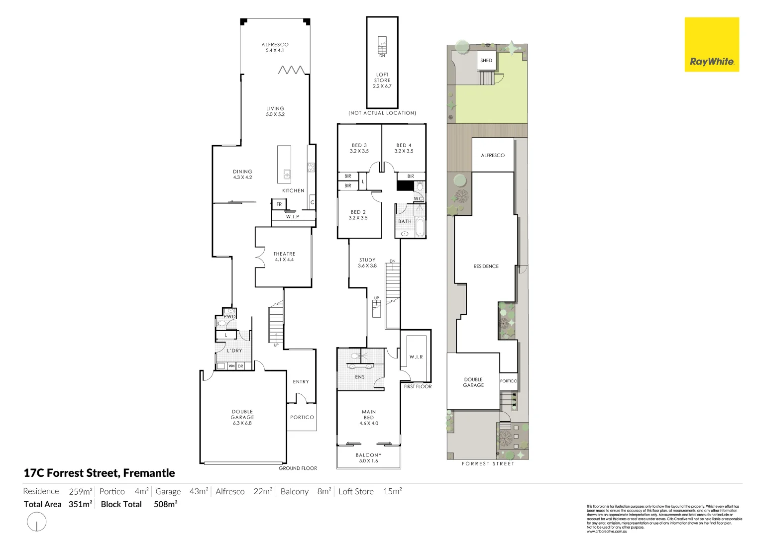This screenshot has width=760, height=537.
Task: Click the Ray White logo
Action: pos(711,45)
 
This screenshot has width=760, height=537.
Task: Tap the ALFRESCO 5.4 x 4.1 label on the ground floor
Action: pos(275,47)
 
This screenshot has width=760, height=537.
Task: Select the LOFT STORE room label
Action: pos(382,80)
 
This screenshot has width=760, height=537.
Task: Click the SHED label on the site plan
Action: pos(486,61)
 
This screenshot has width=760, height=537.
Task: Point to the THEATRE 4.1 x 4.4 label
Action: pos(284,257)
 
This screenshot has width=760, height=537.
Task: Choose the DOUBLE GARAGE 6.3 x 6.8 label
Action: pos(242,417)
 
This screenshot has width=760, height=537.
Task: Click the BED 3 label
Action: pos(359,148)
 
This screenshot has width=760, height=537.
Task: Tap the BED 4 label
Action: pos(404,148)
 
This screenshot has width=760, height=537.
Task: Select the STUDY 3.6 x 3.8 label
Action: pos(367,263)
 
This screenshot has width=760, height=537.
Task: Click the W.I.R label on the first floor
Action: pos(416,357)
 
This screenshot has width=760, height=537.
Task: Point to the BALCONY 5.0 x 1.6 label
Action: pos(369,458)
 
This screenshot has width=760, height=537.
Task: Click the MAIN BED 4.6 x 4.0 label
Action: pos(369,418)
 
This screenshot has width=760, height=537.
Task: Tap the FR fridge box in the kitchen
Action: pos(279,204)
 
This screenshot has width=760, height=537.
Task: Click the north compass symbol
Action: pos(36,522)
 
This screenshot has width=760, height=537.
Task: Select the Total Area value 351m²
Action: pos(81,504)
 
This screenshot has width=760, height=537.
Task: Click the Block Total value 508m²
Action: pos(166,504)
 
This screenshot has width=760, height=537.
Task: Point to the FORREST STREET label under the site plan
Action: pos(488,463)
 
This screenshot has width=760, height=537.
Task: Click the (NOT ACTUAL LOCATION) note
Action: pos(382,113)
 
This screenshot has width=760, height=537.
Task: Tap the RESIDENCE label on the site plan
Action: pos(486,267)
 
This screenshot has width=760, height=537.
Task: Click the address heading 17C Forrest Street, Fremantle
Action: pos(100,473)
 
